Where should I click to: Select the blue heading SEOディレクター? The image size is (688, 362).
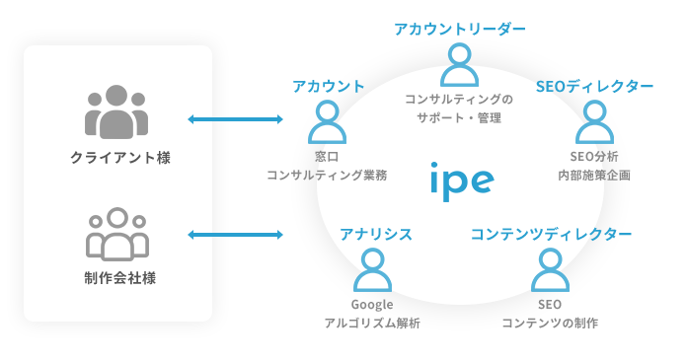pos(594,87)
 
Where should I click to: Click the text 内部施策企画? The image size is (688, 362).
pos(593,176)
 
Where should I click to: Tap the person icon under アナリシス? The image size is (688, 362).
pos(372,270)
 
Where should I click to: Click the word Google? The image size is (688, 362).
pos(372,304)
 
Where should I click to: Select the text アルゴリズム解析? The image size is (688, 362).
pos(372,324)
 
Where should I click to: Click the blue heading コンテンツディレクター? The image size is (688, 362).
pos(551,234)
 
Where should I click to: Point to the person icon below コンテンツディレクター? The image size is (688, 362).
pos(550,270)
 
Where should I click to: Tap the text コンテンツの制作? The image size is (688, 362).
pos(550,324)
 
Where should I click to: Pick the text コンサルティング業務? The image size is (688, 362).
pos(327,176)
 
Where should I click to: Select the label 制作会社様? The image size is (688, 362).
pos(117,277)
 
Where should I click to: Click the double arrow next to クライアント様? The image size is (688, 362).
pos(235,120)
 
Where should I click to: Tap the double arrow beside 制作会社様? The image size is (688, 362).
pos(235,235)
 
